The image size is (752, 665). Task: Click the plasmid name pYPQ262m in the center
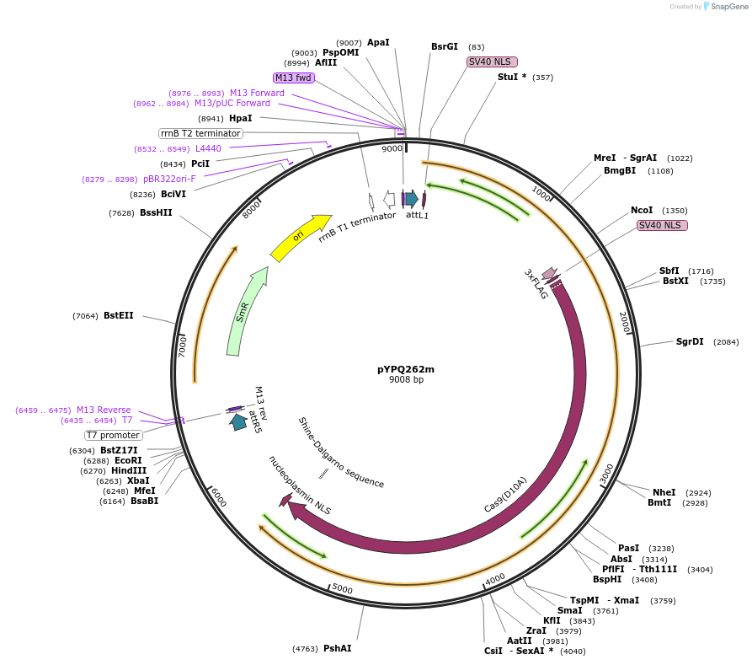pos(406,368)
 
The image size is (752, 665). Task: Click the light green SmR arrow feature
pos(245,312)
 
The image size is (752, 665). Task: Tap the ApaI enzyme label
pos(378,42)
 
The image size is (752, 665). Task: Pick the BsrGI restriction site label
pos(445,47)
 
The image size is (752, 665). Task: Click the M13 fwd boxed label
pos(294,78)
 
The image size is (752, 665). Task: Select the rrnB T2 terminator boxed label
pos(200,133)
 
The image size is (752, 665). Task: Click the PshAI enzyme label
pos(337,648)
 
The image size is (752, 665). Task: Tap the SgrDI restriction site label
pos(690,341)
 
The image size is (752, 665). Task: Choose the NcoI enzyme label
pos(642,210)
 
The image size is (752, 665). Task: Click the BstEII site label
pos(118,315)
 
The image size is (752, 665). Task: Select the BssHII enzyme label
pos(156,212)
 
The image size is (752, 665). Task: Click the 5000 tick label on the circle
pos(342,587)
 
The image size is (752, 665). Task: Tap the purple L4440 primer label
pos(208,148)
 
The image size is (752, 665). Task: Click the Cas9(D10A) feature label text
pos(505,495)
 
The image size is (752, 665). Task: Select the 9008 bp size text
pos(406,380)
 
